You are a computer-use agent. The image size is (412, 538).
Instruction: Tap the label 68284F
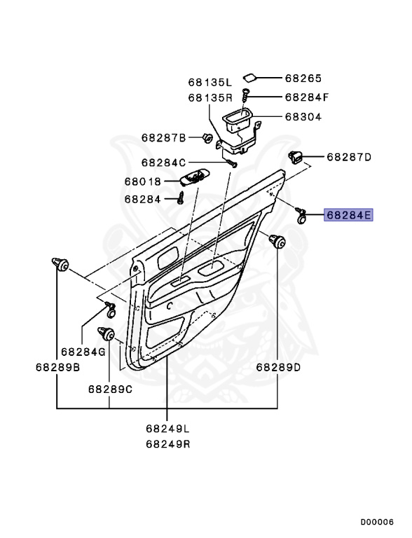point(307,97)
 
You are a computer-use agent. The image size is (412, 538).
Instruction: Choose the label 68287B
point(163,137)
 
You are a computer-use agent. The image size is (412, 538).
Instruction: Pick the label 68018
point(143,181)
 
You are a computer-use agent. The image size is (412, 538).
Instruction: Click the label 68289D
point(278,366)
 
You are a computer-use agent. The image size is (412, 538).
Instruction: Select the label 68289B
point(57,366)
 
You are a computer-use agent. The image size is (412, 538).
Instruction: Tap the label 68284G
point(82,352)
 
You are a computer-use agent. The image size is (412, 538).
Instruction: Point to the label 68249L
point(168,428)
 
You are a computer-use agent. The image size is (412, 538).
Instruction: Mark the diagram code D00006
point(377,522)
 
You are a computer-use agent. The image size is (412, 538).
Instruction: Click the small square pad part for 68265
point(249,78)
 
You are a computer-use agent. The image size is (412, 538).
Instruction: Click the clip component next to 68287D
point(296,157)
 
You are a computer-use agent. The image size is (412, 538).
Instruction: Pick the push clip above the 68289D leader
point(278,242)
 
